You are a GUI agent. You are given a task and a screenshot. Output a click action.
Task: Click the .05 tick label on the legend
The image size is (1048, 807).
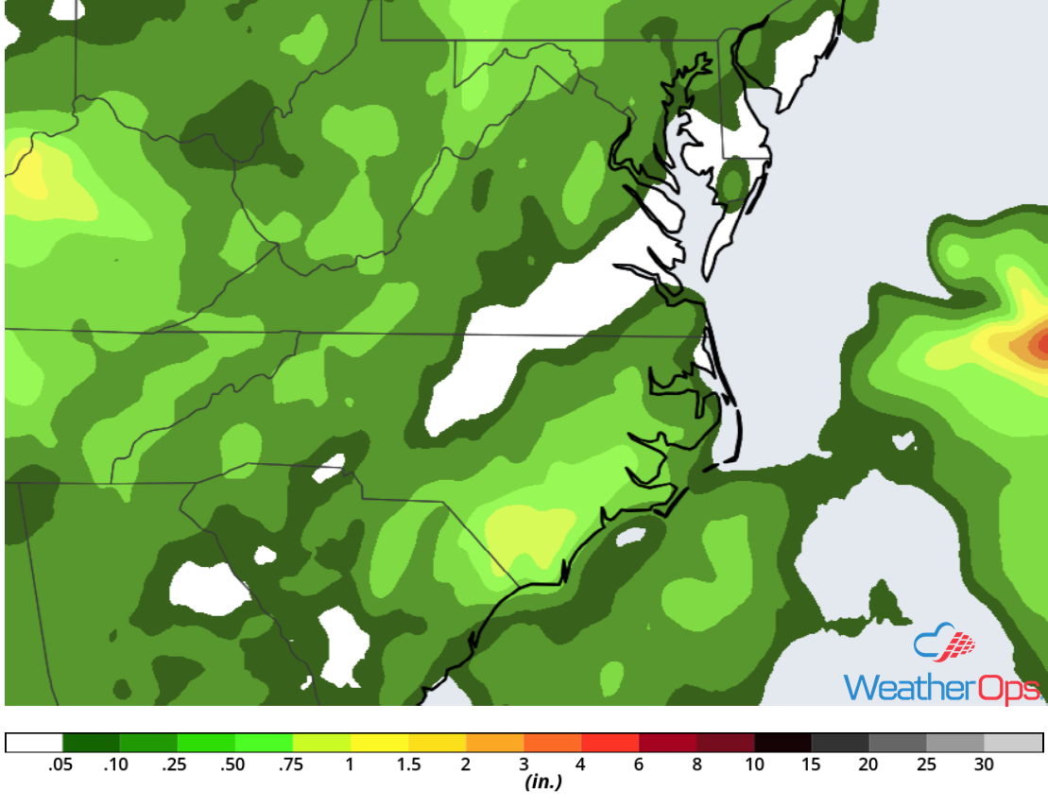(x=61, y=765)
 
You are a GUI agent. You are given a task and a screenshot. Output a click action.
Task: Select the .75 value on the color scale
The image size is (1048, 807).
(x=292, y=765)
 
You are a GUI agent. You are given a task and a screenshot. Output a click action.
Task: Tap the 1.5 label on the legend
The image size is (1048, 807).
(x=408, y=765)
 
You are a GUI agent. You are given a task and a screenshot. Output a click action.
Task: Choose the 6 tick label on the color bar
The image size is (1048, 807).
(x=639, y=765)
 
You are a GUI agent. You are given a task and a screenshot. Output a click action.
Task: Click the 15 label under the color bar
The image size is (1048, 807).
(x=812, y=765)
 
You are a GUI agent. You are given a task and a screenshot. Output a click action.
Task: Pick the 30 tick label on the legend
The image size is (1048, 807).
(x=984, y=765)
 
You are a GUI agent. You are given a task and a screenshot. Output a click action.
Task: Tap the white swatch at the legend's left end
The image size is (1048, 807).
(x=34, y=743)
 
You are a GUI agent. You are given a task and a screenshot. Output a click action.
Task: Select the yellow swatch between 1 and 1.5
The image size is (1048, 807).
(x=379, y=743)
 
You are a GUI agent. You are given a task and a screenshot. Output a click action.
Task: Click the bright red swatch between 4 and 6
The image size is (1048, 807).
(x=610, y=743)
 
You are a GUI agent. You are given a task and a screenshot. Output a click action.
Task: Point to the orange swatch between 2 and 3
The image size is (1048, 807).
(x=494, y=743)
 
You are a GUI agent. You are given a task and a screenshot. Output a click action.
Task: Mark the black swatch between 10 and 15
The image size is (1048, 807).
(x=782, y=743)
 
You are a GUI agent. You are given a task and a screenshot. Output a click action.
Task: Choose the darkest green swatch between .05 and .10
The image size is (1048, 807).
(x=91, y=743)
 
